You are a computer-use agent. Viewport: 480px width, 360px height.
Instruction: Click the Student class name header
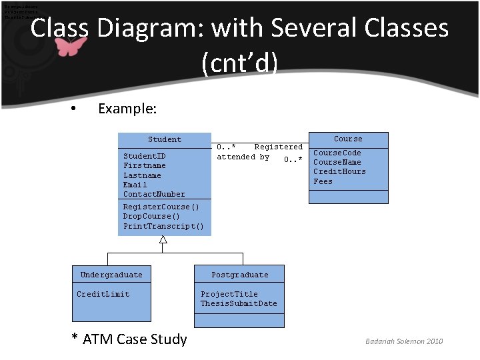point(164,139)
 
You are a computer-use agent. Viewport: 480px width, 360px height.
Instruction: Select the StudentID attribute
point(144,156)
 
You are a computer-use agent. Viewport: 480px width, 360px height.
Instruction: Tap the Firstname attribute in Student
point(144,165)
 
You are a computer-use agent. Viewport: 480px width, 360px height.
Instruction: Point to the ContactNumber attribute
point(154,194)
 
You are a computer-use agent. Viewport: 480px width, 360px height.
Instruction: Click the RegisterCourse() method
point(161,207)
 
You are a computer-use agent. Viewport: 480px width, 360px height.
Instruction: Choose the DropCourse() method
point(151,216)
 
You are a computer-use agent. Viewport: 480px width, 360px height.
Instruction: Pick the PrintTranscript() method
point(163,226)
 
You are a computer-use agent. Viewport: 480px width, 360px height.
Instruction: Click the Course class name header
point(348,139)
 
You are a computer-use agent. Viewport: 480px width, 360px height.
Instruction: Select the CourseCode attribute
point(337,153)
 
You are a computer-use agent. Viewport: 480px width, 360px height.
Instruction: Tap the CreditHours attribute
point(339,171)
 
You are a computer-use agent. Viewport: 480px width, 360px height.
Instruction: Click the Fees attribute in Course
point(323,181)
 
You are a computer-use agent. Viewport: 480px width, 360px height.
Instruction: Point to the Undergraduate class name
point(111,275)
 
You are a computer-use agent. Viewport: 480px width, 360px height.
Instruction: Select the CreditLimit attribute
point(103,294)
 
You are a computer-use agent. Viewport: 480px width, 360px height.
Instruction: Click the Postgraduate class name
point(239,275)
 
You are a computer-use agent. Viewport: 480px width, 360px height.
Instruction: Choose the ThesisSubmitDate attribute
point(239,303)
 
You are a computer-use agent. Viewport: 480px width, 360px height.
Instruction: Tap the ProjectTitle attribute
point(229,294)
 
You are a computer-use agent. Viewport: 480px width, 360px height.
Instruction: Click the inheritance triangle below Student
point(163,240)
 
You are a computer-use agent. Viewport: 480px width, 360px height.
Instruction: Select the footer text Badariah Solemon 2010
point(403,341)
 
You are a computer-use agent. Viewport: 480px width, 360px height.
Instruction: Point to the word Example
point(127,109)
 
